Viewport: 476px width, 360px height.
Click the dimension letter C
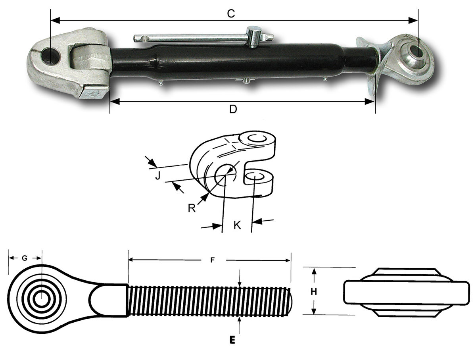point(231,13)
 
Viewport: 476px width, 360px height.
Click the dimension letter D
point(233,110)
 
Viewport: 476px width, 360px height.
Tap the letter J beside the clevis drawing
point(157,175)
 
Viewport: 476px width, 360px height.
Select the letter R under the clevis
point(192,208)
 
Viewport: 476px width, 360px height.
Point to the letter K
point(237,225)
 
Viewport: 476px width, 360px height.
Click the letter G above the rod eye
point(25,258)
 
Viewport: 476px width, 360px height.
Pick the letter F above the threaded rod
point(213,260)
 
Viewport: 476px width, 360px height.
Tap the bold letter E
point(232,340)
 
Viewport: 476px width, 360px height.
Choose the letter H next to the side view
point(314,292)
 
